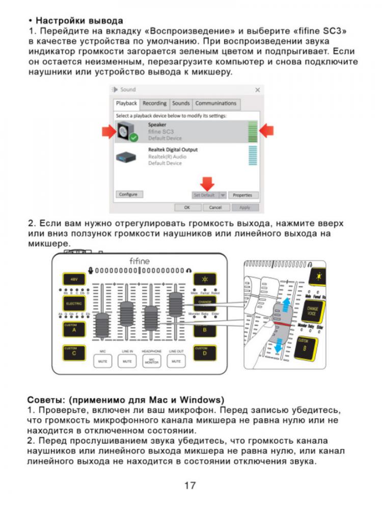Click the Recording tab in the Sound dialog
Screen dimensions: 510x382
[x=154, y=104]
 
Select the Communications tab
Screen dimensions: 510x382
[x=215, y=104]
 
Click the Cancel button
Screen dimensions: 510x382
[x=215, y=208]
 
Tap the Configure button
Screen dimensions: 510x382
[x=128, y=195]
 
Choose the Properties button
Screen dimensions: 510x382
[x=242, y=195]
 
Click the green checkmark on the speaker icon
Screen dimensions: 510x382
[x=133, y=138]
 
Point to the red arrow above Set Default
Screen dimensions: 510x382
[x=207, y=183]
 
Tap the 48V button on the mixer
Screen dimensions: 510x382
[x=74, y=279]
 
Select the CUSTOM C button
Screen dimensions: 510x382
[x=74, y=352]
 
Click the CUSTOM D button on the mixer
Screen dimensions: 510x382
[x=204, y=352]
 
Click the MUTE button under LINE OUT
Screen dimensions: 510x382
[x=177, y=361]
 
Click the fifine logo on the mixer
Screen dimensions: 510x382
[x=139, y=261]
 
